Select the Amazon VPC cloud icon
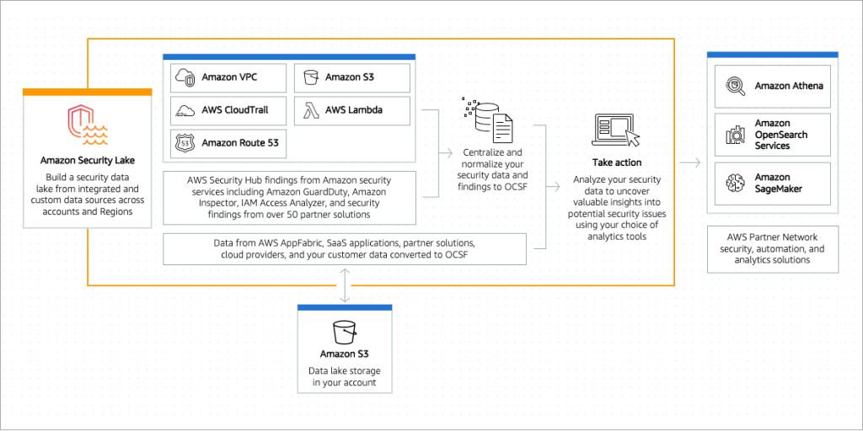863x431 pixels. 185,77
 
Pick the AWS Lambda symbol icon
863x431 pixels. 310,110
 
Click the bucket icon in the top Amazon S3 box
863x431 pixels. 310,77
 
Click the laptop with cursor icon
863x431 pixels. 616,131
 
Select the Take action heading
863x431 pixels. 616,162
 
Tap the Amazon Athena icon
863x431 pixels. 735,86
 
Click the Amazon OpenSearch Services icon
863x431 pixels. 735,135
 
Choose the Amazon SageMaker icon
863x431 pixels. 735,183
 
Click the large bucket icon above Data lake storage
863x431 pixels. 344,330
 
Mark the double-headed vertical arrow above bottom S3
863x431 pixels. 344,286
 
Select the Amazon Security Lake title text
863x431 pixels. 87,160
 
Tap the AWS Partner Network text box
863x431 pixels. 772,249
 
